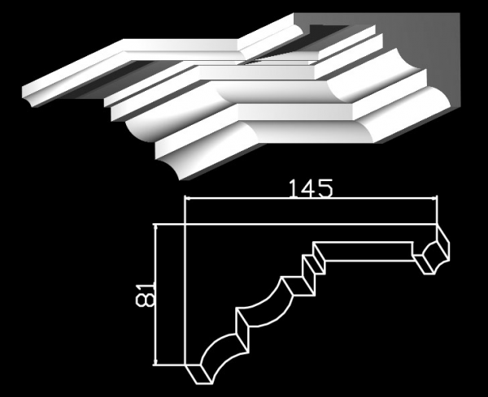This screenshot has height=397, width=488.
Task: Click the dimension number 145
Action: pyautogui.click(x=311, y=188)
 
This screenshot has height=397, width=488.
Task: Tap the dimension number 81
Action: pyautogui.click(x=145, y=295)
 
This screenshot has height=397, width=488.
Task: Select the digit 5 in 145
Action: pyautogui.click(x=325, y=189)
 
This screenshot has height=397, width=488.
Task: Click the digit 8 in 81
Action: pyautogui.click(x=145, y=300)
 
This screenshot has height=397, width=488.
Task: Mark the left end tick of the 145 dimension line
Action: pyautogui.click(x=185, y=197)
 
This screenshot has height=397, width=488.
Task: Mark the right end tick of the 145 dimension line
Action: pyautogui.click(x=437, y=197)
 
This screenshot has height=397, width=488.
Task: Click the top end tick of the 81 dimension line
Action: pyautogui.click(x=155, y=224)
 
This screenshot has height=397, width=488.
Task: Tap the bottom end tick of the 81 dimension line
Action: pyautogui.click(x=155, y=365)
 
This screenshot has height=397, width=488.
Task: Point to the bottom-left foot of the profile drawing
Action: pyautogui.click(x=199, y=374)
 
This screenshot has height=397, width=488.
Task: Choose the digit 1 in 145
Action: pyautogui.click(x=293, y=188)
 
